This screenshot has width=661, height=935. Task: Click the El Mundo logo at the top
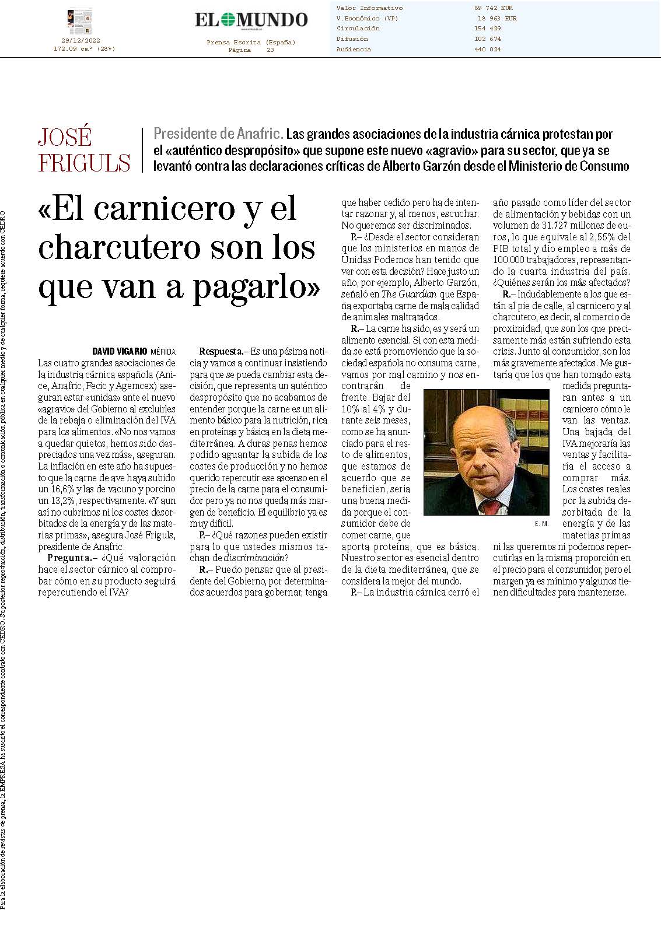[251, 19]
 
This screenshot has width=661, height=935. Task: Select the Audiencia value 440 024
[487, 50]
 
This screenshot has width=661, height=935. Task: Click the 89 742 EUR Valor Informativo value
[493, 8]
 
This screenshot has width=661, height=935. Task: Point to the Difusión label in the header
[352, 39]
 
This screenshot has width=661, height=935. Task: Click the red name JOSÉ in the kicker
[65, 138]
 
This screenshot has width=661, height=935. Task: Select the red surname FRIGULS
[84, 162]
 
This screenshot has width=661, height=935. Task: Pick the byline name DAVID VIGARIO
[120, 352]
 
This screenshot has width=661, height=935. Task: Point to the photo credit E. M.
[541, 524]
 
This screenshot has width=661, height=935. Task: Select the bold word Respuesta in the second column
[221, 352]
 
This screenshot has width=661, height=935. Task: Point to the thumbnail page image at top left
[79, 21]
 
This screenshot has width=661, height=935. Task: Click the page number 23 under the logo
[270, 50]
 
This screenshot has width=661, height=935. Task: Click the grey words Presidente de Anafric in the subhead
[218, 134]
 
